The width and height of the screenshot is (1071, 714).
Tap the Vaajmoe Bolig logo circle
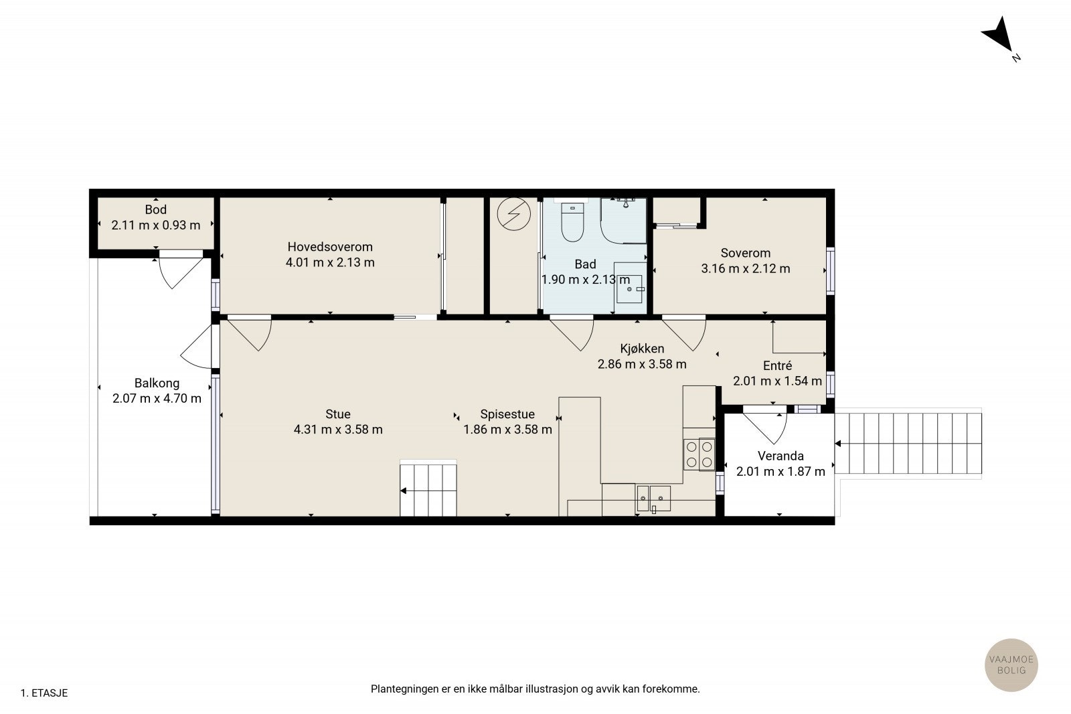[1011, 664]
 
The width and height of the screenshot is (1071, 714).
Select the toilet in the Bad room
[572, 221]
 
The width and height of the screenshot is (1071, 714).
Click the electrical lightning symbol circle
[514, 214]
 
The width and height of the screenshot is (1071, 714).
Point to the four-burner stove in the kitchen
[699, 454]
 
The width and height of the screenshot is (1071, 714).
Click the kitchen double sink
[653, 499]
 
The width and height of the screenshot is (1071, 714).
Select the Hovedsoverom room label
[330, 247]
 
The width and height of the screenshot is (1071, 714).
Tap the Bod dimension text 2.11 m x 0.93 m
[156, 225]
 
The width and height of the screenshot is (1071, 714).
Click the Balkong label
[157, 383]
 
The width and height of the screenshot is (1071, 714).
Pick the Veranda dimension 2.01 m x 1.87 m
[780, 472]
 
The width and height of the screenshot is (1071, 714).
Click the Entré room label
[777, 365]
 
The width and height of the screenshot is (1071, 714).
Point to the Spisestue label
[507, 414]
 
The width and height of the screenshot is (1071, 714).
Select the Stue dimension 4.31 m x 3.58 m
[338, 430]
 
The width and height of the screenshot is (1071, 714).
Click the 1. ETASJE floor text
[44, 693]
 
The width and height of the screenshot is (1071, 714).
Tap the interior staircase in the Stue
[428, 488]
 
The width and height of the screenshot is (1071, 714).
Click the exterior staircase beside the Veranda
[908, 444]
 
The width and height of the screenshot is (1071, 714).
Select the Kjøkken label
[642, 349]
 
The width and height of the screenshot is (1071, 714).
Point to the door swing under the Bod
[179, 271]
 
